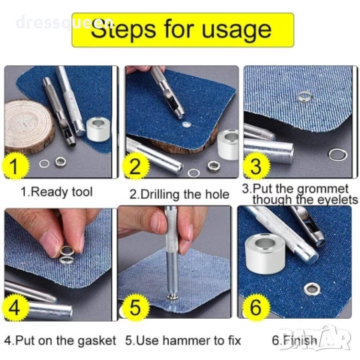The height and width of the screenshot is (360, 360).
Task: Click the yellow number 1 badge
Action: coord(14,166)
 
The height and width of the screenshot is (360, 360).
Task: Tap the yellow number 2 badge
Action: coord(135,166)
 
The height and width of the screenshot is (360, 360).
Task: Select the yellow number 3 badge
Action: coord(256,166)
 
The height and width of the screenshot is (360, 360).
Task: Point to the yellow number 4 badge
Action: coord(14,307)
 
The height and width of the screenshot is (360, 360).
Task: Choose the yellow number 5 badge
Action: coord(135,307)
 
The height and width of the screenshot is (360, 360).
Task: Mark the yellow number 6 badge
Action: coord(256,307)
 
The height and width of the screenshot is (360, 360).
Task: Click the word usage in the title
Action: coord(236,31)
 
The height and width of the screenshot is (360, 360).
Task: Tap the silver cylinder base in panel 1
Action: coord(98,130)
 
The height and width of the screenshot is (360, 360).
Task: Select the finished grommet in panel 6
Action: coord(311,289)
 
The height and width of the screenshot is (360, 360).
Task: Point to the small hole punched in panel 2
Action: coord(186,124)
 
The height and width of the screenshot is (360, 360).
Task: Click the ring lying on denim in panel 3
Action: coord(304,96)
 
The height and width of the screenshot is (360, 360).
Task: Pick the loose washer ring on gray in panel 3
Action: coord(337,154)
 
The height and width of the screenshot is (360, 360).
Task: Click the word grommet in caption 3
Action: coord(322,190)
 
